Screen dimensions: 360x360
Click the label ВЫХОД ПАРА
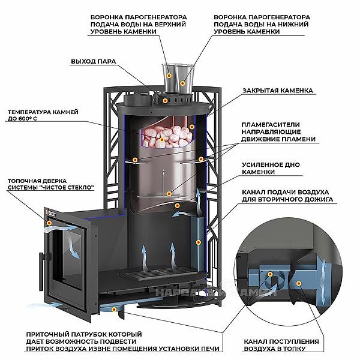coord(93,61)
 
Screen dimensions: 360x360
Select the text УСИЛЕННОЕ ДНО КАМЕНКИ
coord(272,168)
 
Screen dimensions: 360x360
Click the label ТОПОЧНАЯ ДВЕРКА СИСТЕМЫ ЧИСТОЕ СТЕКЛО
coord(51,184)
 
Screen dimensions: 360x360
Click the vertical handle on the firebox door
coord(41,264)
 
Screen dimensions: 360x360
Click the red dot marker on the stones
coord(161,140)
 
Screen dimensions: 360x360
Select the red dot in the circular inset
coord(271,275)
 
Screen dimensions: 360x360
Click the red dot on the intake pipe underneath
coord(114,309)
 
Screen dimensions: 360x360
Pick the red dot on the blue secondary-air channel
coord(199,242)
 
